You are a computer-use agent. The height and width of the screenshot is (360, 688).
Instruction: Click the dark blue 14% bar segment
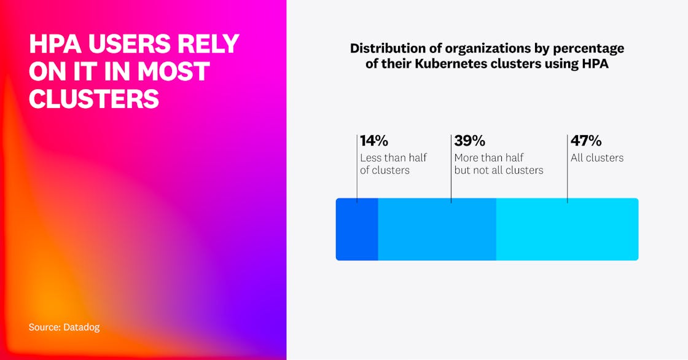(x=357, y=229)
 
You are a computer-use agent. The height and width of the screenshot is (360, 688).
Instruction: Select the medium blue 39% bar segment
(x=437, y=229)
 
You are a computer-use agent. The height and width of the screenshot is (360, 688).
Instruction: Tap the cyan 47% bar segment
(x=567, y=229)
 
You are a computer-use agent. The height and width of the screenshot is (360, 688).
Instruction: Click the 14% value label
(x=374, y=141)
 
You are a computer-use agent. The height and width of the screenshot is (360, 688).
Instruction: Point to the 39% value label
(x=470, y=141)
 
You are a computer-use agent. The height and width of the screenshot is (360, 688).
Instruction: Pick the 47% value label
(x=586, y=141)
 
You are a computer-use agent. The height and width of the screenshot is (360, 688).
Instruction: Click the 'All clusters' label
(x=597, y=158)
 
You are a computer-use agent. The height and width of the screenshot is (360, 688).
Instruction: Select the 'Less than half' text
(x=393, y=158)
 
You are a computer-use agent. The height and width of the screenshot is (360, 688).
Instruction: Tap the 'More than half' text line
(x=489, y=158)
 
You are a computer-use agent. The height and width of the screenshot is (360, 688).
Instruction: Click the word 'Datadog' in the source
(x=81, y=327)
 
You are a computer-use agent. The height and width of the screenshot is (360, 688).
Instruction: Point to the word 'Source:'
(x=45, y=327)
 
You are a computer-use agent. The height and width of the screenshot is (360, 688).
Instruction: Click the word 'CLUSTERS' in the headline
(x=94, y=99)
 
